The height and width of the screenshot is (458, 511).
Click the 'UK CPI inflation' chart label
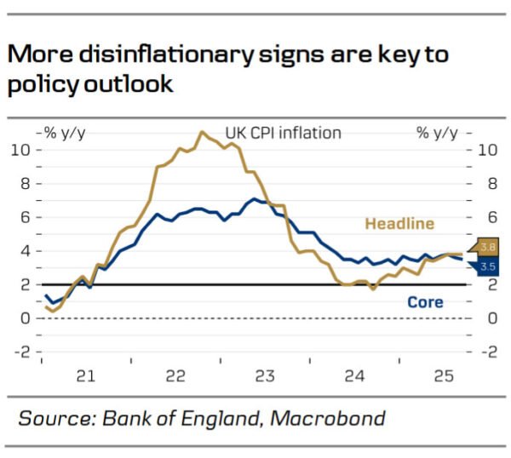[x=283, y=133]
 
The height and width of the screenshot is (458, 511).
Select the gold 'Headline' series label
[x=399, y=224]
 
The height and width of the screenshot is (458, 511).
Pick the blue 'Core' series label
[x=425, y=301]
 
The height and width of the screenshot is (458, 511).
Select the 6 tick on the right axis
[x=487, y=217]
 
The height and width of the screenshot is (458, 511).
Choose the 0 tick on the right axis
[x=487, y=318]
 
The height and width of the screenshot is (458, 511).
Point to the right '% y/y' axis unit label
[x=436, y=133]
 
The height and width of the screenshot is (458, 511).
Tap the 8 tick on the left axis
[x=26, y=184]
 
